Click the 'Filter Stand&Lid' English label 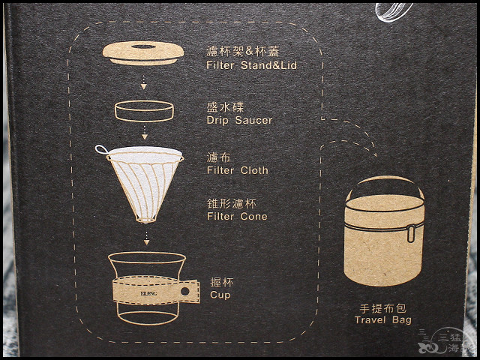[252, 65]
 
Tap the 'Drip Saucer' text [239, 120]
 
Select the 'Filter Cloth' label [238, 170]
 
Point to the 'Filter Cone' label [237, 217]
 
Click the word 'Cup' [220, 295]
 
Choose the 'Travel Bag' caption [383, 320]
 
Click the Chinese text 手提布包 [383, 308]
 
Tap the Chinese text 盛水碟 [225, 107]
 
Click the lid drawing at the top [143, 53]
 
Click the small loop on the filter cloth [101, 149]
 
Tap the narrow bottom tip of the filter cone [145, 220]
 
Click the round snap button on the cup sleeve [185, 291]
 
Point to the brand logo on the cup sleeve [148, 293]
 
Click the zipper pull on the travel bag [411, 233]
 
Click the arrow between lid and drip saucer [143, 82]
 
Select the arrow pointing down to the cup [147, 238]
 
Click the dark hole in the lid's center [143, 46]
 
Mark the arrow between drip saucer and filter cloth [145, 133]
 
